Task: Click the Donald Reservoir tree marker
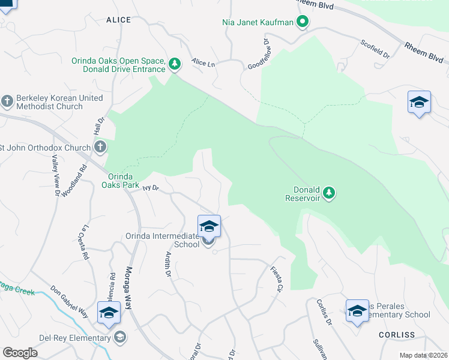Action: click(x=328, y=193)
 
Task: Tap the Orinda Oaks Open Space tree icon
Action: click(x=175, y=63)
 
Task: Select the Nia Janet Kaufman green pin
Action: click(x=303, y=23)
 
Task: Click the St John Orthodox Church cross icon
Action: click(x=100, y=147)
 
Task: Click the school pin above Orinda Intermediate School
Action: click(x=209, y=226)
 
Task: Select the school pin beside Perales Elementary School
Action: click(x=357, y=311)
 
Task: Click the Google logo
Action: click(x=20, y=353)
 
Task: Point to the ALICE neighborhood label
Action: click(x=118, y=20)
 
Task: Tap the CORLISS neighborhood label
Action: click(x=397, y=335)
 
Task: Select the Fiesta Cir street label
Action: click(x=277, y=279)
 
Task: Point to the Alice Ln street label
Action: click(x=203, y=62)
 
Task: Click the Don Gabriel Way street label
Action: click(x=69, y=301)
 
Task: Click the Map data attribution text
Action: click(x=423, y=355)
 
